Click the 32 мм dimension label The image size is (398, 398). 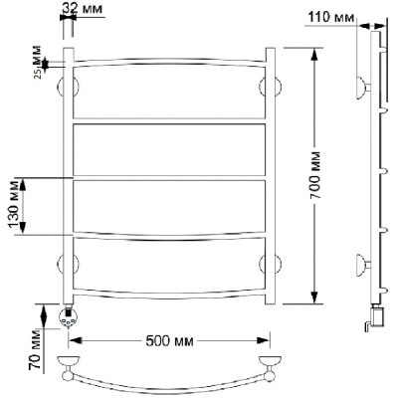tap(83, 8)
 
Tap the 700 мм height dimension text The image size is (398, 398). tap(315, 175)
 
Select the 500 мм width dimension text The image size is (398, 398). tap(169, 341)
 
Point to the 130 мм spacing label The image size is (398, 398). tap(14, 206)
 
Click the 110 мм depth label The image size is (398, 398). tap(331, 17)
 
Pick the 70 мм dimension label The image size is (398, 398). tap(35, 350)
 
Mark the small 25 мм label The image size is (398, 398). tap(38, 63)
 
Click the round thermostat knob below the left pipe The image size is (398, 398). tap(69, 317)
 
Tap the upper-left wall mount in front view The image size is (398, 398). tap(68, 87)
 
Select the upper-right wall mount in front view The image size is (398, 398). tap(270, 87)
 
